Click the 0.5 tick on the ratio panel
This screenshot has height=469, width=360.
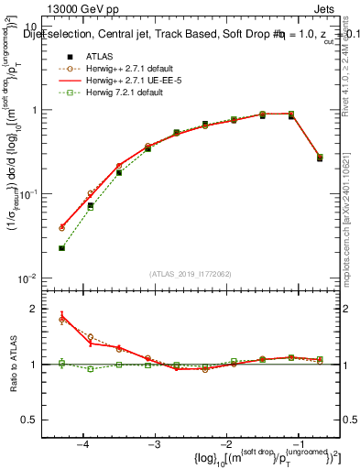coord(34,420)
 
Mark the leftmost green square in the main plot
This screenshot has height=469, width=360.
coord(61,247)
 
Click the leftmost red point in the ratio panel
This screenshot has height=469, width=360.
coord(61,316)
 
